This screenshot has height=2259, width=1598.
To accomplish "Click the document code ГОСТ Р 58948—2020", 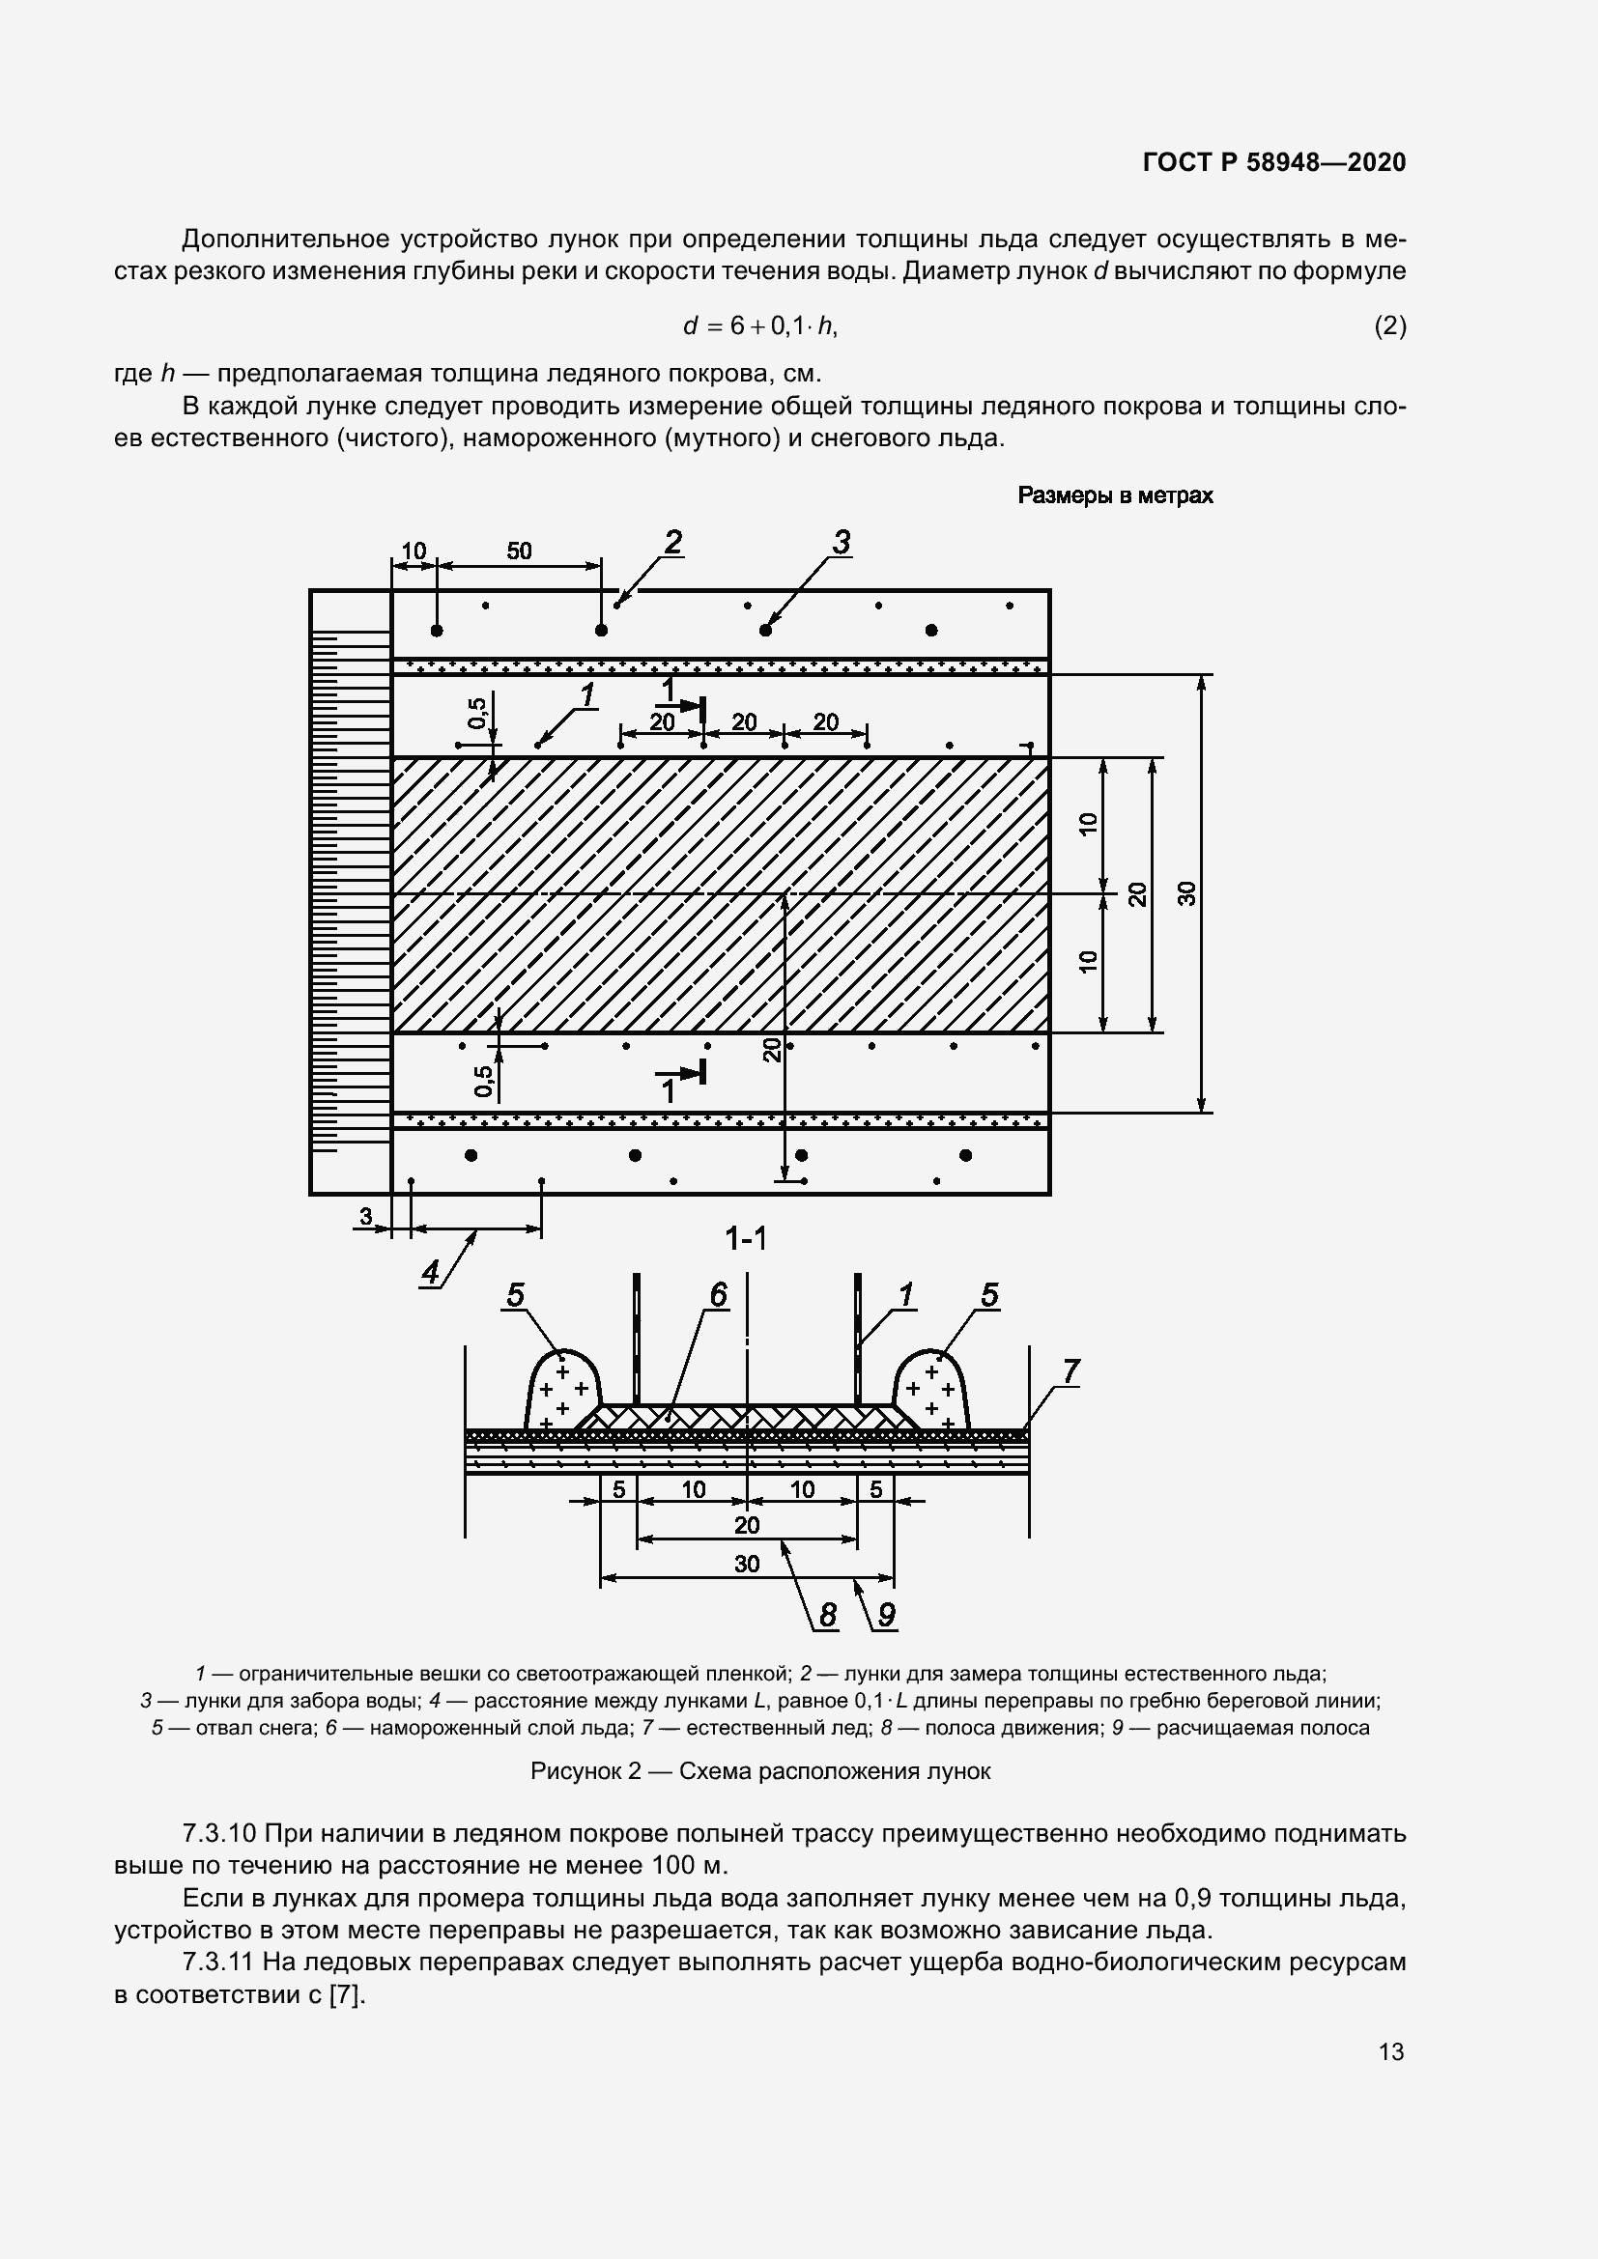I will [x=1274, y=162].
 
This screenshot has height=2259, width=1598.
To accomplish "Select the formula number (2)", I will [x=1389, y=325].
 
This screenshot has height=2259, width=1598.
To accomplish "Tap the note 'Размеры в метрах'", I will [x=1115, y=495].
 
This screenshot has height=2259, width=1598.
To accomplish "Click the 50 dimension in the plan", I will [x=519, y=551].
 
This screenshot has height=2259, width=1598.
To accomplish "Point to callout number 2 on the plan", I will [x=673, y=542].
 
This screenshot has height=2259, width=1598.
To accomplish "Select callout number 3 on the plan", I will [x=842, y=542].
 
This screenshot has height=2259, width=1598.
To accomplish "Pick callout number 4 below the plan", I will [x=431, y=1273].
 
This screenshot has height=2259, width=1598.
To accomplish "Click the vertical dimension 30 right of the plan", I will [x=1187, y=893].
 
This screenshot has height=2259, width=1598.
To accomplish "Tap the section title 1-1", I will [x=746, y=1239].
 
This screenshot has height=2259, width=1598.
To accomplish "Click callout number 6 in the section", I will [x=718, y=1296].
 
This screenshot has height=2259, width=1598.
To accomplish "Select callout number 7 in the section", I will [x=1070, y=1370].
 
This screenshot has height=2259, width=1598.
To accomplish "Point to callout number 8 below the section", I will [x=827, y=1615].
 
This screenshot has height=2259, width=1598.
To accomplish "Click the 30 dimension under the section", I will [x=747, y=1564].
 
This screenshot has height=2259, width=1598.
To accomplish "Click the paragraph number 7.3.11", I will [x=219, y=1962].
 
